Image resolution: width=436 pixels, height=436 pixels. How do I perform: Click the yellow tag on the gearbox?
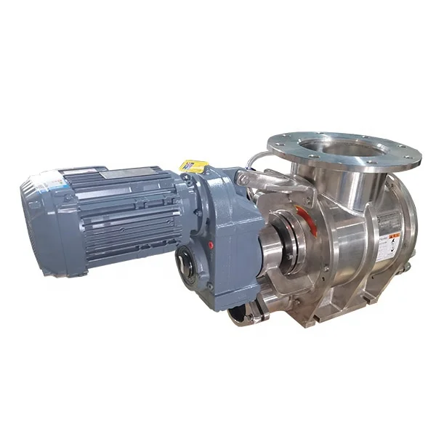tap(192, 166)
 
